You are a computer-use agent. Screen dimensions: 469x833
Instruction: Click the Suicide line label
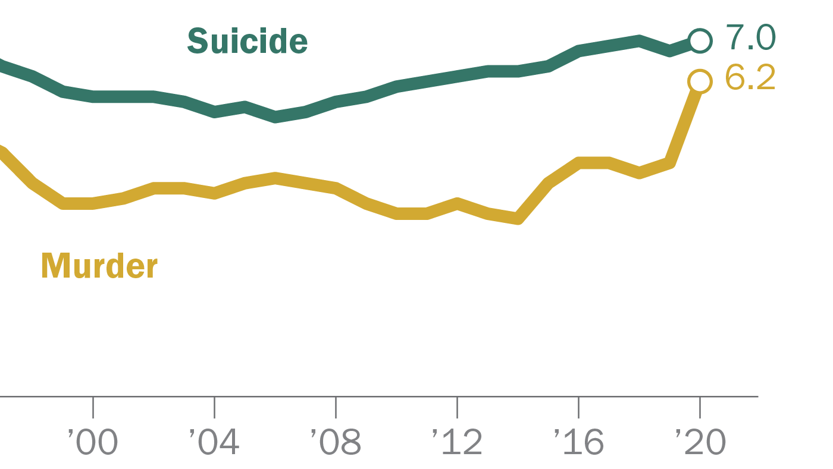tap(247, 42)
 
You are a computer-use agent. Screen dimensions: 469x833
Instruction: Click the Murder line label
tap(99, 266)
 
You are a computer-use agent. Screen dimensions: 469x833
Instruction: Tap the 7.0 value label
tap(751, 38)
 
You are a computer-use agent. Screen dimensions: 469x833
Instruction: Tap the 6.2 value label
tap(750, 78)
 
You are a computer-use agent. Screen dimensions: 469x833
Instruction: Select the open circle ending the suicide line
tap(700, 40)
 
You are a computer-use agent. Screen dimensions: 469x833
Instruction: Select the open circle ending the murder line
tap(700, 81)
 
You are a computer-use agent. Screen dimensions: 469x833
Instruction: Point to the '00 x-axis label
tap(93, 443)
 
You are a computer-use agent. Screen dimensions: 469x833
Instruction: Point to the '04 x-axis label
tap(214, 443)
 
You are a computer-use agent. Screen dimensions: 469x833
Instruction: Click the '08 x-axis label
tap(336, 443)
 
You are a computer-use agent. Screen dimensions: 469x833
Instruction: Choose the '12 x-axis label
tap(457, 443)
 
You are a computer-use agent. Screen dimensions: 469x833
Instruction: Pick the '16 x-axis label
tap(578, 443)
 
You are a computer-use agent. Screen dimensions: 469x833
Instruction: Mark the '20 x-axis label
tap(700, 443)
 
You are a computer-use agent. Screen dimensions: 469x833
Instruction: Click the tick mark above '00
tap(93, 407)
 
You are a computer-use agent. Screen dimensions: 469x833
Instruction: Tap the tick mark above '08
tap(336, 407)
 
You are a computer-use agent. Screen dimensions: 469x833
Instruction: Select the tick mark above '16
tap(578, 407)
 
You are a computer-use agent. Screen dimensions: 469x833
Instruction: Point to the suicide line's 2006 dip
tap(275, 117)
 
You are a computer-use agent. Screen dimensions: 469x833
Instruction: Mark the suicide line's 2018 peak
tap(639, 40)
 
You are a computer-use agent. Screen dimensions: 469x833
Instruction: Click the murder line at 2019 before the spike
tap(669, 162)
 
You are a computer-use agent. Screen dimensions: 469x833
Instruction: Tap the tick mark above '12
tap(457, 407)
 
